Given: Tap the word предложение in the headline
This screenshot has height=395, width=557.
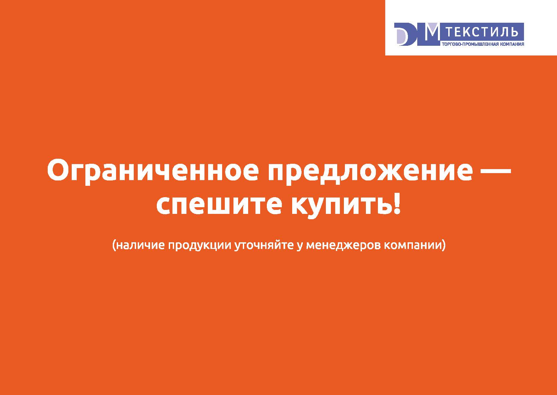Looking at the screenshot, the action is click(370, 172).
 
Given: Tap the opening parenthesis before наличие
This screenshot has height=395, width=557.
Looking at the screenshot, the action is click(114, 246).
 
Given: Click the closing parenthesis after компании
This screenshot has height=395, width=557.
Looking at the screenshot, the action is click(442, 246).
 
